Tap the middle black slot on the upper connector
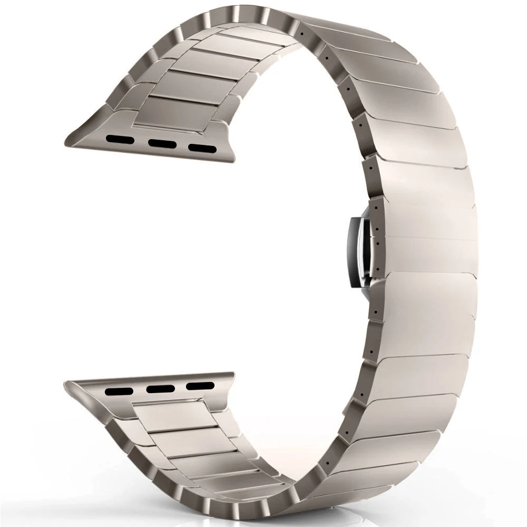(161, 143)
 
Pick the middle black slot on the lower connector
(161, 389)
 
